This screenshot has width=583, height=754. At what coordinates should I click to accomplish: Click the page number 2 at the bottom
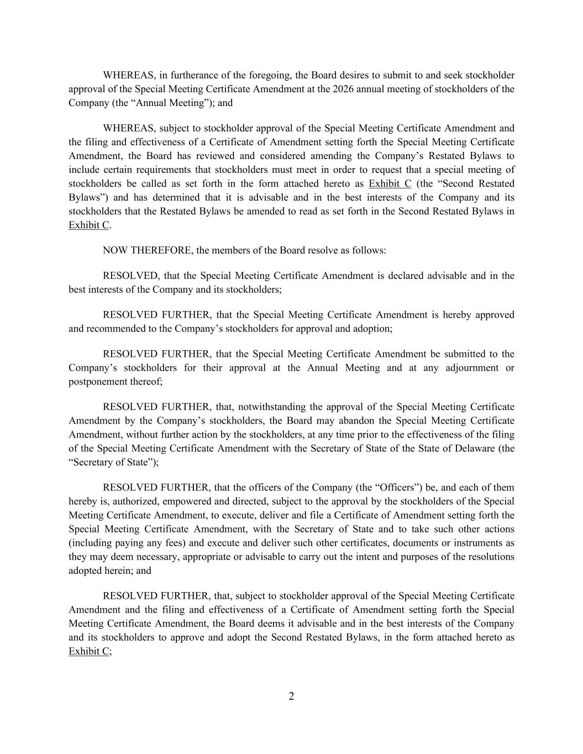[x=291, y=696]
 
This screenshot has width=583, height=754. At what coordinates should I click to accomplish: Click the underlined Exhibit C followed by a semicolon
[x=88, y=651]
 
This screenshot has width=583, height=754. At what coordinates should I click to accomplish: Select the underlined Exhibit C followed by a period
[x=88, y=225]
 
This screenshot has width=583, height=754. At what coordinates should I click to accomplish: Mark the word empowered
[x=185, y=502]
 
